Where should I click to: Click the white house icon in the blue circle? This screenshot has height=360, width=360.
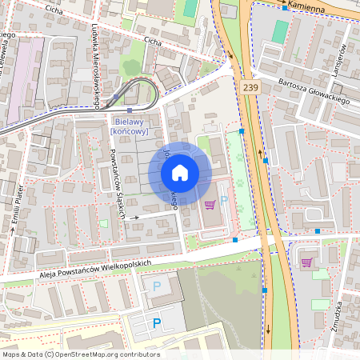pos(180,173)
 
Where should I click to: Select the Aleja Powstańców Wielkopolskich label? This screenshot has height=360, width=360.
pos(94,266)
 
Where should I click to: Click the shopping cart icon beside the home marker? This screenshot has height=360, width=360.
pos(210,204)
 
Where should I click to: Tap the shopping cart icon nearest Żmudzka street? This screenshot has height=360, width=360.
pos(306,262)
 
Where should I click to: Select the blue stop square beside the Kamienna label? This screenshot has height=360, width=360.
pos(284,8)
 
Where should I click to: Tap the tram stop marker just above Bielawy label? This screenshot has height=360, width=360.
pos(129,110)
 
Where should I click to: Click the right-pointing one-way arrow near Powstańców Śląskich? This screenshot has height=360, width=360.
pos(136,216)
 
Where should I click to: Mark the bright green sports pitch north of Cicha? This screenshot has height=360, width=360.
pos(190,8)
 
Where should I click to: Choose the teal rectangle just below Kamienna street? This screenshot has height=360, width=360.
pos(280,32)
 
